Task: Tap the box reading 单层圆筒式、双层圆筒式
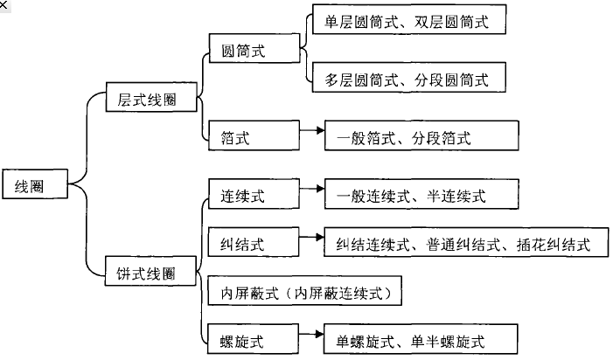pos(409,22)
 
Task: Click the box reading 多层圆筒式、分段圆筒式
pos(409,80)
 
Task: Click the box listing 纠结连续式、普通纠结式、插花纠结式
pos(464,244)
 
